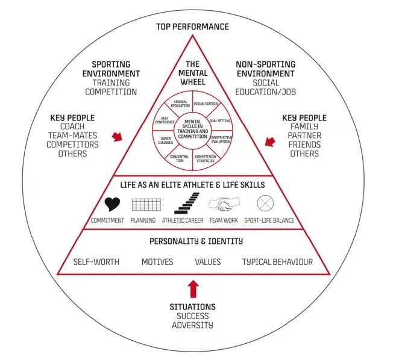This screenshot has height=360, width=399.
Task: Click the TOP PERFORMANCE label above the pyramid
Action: pyautogui.click(x=192, y=26)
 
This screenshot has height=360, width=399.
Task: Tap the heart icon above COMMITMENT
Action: pyautogui.click(x=113, y=203)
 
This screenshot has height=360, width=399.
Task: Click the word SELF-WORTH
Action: pyautogui.click(x=96, y=262)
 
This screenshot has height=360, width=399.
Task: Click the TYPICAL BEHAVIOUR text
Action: pyautogui.click(x=277, y=262)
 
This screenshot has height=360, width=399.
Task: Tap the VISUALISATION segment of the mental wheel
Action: pyautogui.click(x=206, y=104)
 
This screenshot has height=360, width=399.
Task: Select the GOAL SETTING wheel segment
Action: pyautogui.click(x=219, y=121)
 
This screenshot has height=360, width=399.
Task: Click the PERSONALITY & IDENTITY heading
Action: pyautogui.click(x=193, y=241)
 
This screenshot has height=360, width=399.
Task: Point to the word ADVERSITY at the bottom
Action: pyautogui.click(x=192, y=325)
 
